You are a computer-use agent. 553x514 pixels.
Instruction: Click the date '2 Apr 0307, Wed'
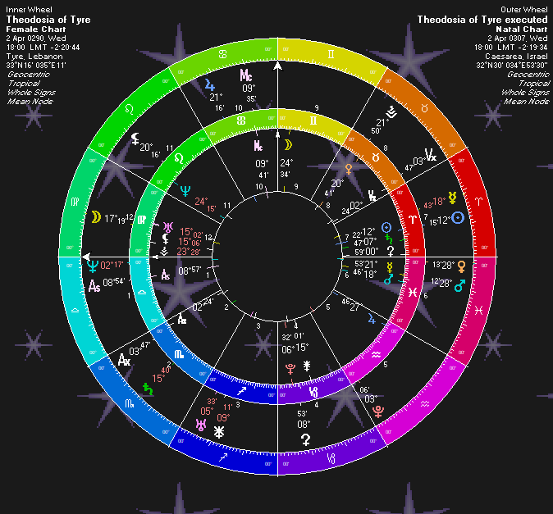[517, 38]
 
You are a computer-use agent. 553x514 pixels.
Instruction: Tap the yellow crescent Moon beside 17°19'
[96, 217]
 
